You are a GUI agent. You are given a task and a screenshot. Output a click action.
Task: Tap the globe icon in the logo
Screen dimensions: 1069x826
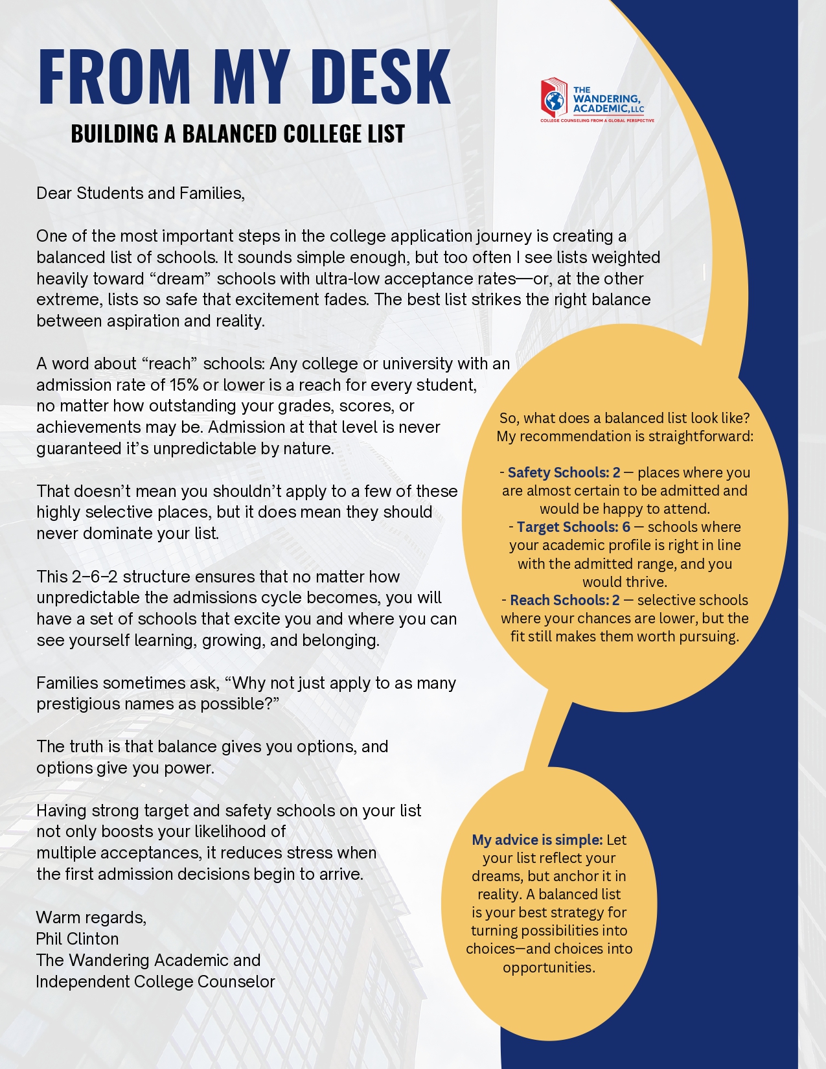coord(554,101)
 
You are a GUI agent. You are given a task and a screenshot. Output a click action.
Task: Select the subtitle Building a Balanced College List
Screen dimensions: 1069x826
coord(238,134)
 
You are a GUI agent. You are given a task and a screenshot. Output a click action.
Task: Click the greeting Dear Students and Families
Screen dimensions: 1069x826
coord(140,193)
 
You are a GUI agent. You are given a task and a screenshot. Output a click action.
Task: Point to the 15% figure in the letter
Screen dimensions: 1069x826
coord(184,385)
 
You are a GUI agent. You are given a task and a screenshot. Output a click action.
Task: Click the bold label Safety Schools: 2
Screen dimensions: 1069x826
coord(564,472)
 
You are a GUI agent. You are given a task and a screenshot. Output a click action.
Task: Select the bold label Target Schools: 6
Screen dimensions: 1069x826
coord(573,527)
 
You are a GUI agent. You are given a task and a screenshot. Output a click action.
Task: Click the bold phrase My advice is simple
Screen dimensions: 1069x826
coord(537,840)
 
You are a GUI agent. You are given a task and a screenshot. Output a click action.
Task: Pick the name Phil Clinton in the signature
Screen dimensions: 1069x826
coord(77,939)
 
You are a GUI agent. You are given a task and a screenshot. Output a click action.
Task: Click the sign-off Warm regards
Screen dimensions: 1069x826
coord(91,917)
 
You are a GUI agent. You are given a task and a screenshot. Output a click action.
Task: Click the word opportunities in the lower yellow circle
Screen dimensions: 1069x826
coord(549,967)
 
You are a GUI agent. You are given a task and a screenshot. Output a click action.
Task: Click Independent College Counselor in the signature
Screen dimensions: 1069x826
coord(155,982)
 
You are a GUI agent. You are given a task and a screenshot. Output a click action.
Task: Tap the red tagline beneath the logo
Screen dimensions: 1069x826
coord(597,121)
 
